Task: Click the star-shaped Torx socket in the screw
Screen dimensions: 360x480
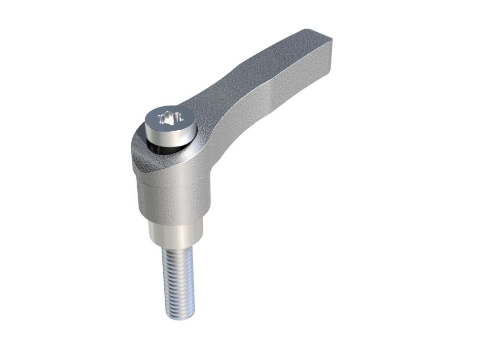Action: [x=169, y=118]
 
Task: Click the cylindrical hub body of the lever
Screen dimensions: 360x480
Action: [x=173, y=197]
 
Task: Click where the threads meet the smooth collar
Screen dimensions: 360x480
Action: [x=176, y=248]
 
